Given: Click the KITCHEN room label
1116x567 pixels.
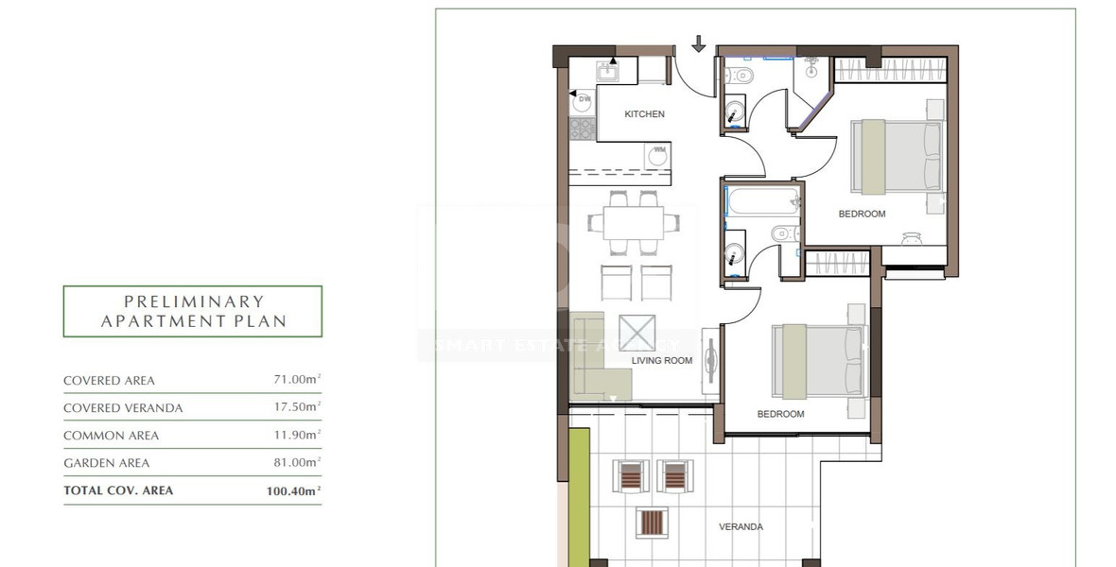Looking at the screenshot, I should click(644, 114).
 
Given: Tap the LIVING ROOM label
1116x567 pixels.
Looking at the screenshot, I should click(662, 361).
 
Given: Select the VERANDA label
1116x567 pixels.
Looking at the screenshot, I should click(741, 527).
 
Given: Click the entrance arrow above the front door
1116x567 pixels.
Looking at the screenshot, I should click(699, 43).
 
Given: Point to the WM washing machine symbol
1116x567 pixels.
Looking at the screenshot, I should click(657, 155).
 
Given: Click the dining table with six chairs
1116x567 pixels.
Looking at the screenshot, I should click(633, 223).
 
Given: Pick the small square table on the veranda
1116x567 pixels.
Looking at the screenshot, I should click(653, 522).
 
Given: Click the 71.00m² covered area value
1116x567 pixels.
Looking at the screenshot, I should click(294, 380).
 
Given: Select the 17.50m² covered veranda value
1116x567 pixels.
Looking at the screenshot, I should click(294, 408).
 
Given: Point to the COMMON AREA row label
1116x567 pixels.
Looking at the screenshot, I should click(111, 436).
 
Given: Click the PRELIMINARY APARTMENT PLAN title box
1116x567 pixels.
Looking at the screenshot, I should click(192, 312).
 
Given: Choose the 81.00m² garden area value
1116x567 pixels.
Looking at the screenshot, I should click(294, 463).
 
